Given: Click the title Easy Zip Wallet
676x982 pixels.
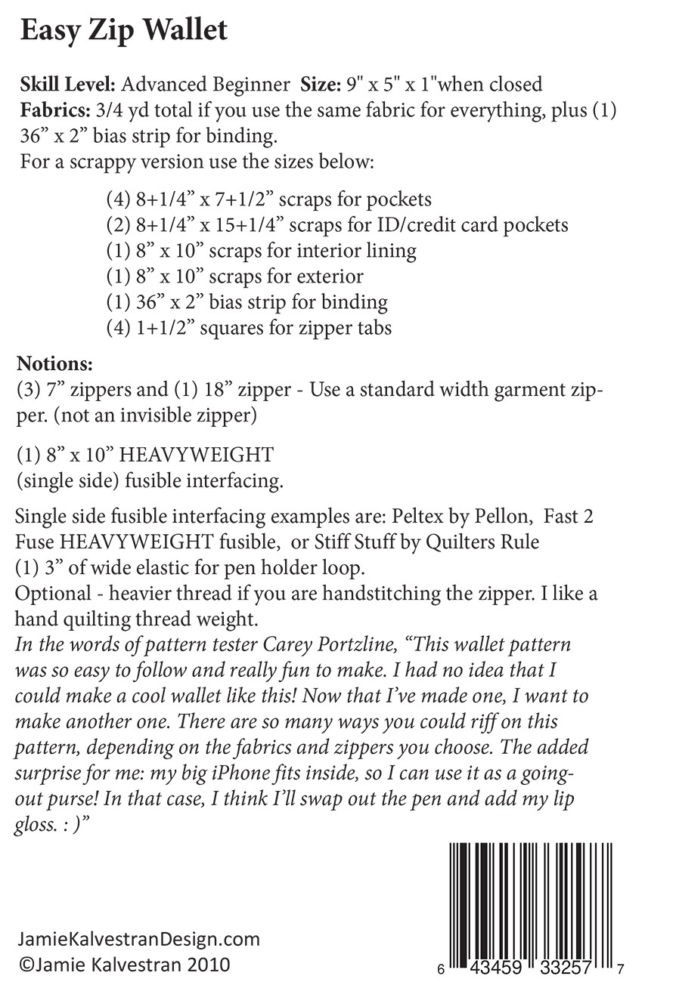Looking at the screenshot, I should [123, 31].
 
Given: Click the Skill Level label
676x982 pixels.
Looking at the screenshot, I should [66, 85].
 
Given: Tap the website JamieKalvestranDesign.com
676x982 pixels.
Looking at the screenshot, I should [139, 940].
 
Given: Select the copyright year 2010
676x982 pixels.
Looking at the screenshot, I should [204, 965].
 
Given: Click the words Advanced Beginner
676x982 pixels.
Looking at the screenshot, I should [206, 85].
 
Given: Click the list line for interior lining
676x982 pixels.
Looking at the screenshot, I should [261, 250].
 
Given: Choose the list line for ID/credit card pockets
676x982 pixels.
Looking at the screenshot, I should [337, 224].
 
